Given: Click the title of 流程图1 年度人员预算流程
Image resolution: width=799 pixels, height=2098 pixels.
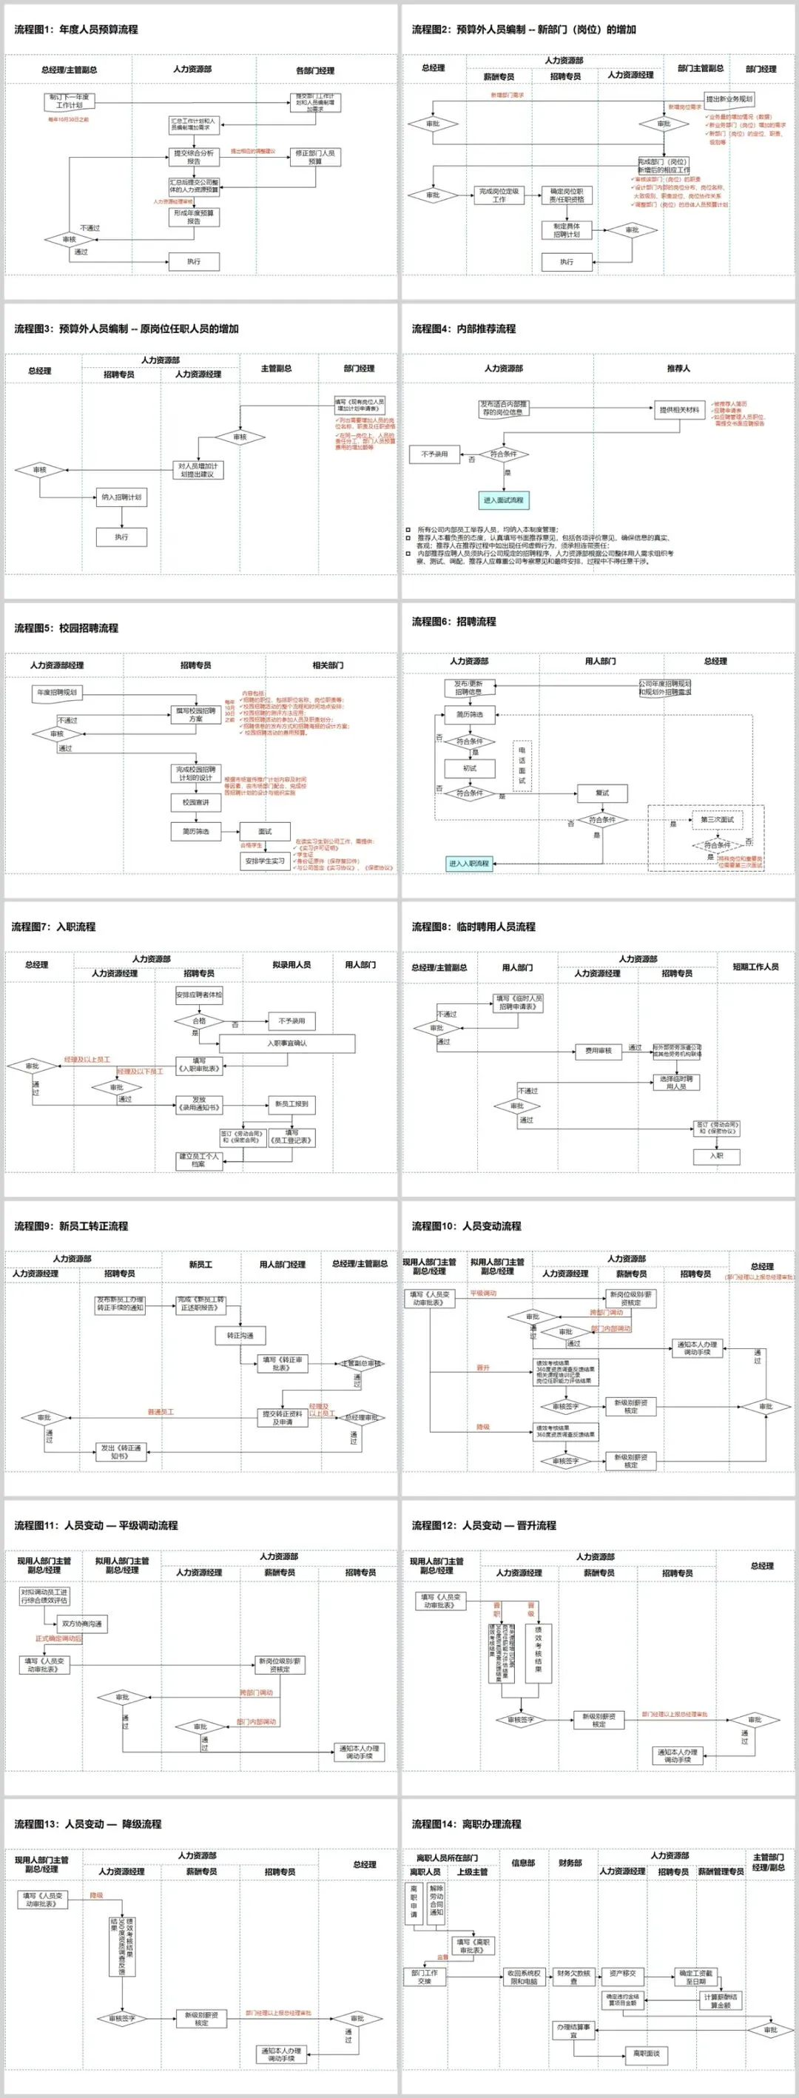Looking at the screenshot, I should coord(75,30).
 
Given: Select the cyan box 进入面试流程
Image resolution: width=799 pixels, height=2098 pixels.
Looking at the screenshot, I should coord(503,500).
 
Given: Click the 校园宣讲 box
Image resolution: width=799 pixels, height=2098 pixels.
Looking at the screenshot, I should coord(195,803).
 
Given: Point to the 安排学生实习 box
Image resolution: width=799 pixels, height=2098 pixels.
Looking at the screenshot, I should coord(265,861).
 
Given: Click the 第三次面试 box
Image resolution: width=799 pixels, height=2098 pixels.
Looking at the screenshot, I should coord(718,820).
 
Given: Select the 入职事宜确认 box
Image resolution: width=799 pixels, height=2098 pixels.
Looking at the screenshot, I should coord(287,1043).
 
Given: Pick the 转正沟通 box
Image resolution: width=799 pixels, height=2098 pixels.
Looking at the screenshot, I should coord(240,1336).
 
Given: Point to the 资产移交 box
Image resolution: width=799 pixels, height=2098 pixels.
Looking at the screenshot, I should coord(623,1974).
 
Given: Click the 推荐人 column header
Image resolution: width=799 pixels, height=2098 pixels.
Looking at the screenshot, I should coord(678,368).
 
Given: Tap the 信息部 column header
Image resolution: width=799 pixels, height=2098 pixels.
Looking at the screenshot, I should coord(523,1863).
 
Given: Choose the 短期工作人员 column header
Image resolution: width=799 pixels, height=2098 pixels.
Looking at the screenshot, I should coord(755,966).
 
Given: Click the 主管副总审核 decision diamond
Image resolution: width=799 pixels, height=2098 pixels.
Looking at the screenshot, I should coord(360,1363).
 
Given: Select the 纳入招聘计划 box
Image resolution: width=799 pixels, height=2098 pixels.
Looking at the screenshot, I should coord(121,497).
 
